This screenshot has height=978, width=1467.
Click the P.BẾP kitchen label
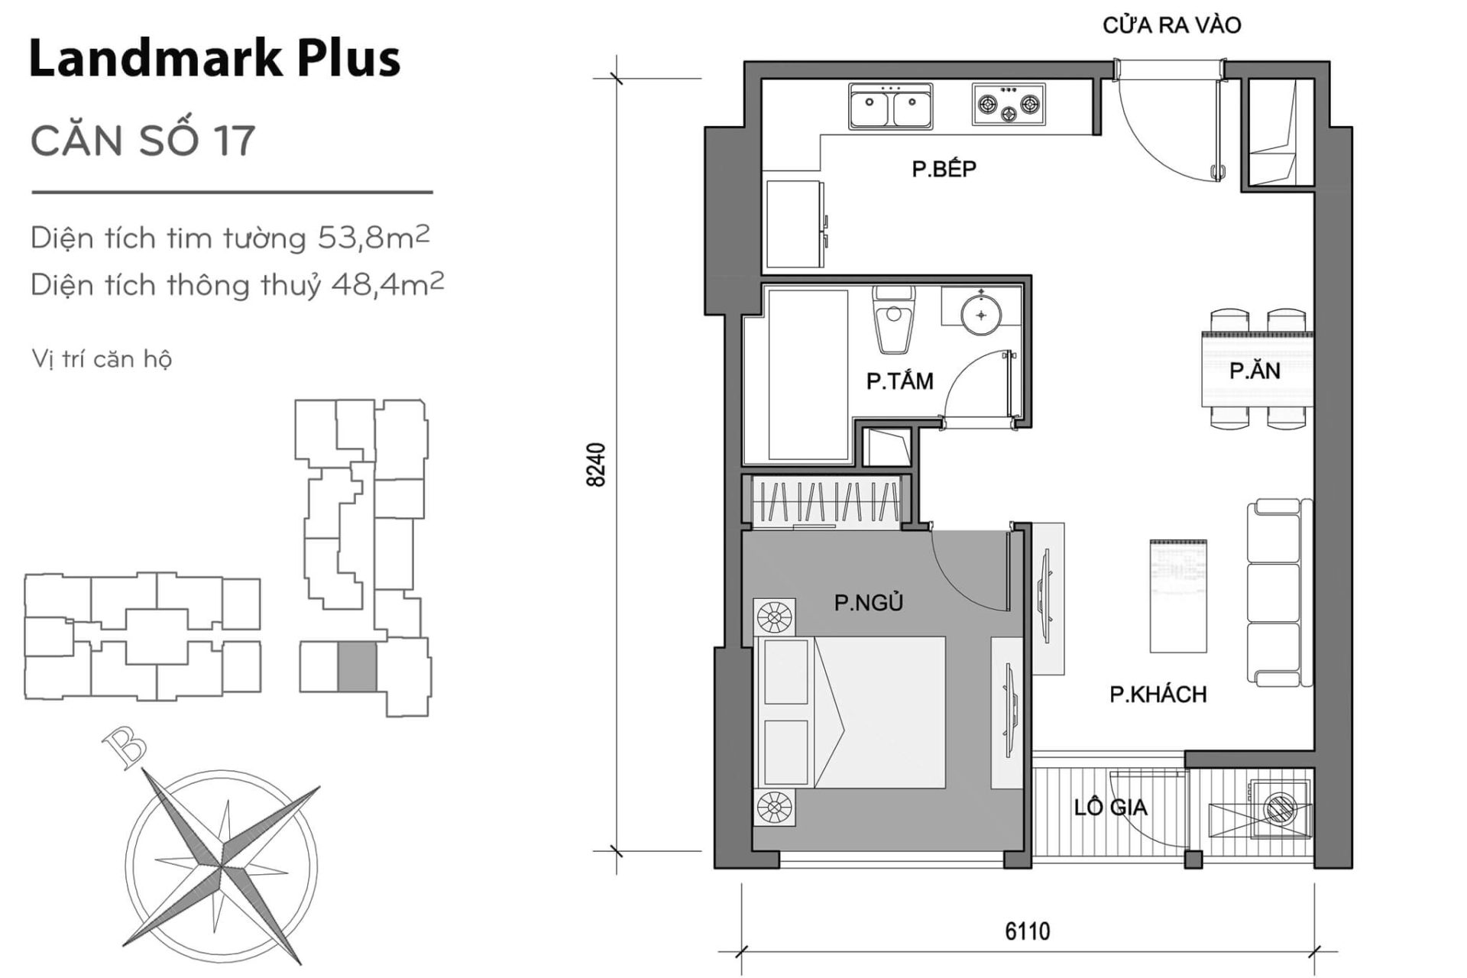coord(944,168)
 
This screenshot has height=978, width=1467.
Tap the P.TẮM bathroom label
coord(899,381)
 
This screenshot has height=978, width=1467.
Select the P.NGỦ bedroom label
coord(868,603)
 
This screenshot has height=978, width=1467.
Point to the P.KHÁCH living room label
coord(1158,694)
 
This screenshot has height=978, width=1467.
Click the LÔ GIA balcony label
coord(1109,807)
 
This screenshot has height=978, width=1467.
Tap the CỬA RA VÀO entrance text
coord(1171,25)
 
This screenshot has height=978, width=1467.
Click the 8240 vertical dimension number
coord(596,464)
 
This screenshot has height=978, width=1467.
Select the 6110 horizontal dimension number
coord(1027,931)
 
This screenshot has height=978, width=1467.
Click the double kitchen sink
coord(890,106)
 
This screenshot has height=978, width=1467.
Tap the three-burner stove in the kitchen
coord(1009,105)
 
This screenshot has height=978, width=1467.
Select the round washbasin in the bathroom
coord(981,314)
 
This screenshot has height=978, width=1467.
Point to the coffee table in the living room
coord(1178,596)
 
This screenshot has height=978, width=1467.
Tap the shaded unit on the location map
coord(357,666)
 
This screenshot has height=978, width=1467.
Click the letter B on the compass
coord(125,748)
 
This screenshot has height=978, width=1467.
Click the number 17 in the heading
coord(234,141)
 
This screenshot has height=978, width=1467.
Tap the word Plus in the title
coord(348,60)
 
